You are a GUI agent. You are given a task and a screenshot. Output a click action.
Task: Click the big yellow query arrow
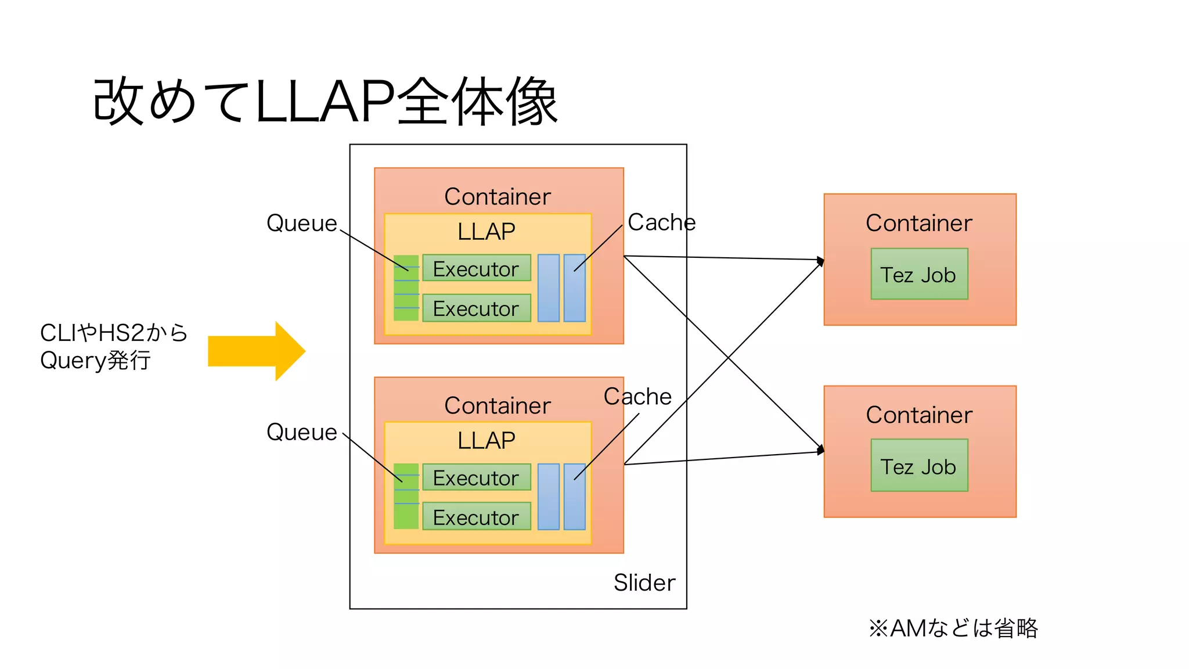[x=255, y=351]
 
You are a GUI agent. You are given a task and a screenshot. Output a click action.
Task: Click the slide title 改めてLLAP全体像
[x=325, y=102]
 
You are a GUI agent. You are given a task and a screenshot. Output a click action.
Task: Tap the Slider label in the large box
[x=644, y=582]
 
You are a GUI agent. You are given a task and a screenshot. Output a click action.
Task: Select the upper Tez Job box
[x=919, y=274]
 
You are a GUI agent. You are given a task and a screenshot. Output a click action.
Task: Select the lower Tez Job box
[x=919, y=466]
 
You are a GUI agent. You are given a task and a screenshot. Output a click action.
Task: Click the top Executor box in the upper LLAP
[x=476, y=268]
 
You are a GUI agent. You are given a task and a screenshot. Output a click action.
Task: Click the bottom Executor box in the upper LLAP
[x=476, y=308]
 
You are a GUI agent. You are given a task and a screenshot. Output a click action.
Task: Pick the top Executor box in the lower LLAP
[x=476, y=477]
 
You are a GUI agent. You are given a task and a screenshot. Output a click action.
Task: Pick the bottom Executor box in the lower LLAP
[x=476, y=516]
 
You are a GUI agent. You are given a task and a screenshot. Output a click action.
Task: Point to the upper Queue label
[x=301, y=223]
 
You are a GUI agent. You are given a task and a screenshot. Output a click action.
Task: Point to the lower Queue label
[x=301, y=432]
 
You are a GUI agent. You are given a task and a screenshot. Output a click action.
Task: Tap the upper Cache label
[x=661, y=222]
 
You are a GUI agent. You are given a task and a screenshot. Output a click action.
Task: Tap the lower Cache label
[x=637, y=396]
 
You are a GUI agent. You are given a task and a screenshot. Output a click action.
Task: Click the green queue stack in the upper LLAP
[x=406, y=288]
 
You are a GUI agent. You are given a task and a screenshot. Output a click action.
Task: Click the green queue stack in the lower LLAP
[x=406, y=497]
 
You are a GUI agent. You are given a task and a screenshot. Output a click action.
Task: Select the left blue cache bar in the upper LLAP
[x=548, y=288]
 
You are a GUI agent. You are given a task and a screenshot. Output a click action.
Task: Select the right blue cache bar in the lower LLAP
[x=574, y=497]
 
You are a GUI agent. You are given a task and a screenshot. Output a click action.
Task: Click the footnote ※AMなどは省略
[x=953, y=628]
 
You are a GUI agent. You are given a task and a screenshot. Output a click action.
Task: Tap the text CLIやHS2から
[x=114, y=333]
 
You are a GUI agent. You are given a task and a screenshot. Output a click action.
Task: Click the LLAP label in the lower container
[x=486, y=440]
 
